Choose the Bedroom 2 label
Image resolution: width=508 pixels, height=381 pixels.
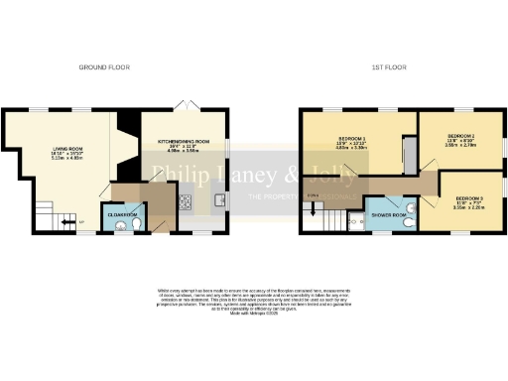[461, 135]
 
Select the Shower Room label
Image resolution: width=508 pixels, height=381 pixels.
[389, 214]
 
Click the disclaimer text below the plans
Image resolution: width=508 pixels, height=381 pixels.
[252, 301]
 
